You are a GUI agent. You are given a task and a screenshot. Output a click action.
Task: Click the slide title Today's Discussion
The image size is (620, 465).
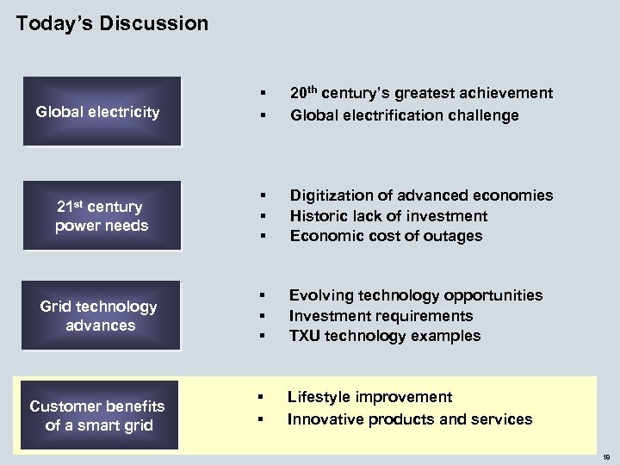pos(112,23)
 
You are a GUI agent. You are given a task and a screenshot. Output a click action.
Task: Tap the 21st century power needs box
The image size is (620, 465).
pos(101,216)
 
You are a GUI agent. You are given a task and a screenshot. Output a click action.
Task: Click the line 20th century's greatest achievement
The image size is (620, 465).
pos(421,93)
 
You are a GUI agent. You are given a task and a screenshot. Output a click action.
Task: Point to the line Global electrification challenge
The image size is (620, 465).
pos(405,115)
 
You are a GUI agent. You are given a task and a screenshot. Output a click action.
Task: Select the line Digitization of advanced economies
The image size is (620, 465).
pos(421,195)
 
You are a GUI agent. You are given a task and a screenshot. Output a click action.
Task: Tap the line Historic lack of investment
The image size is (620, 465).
pos(388,216)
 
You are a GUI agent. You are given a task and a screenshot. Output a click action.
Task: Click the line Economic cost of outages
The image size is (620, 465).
pos(386,236)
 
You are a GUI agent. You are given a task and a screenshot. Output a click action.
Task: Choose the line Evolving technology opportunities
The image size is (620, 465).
pos(416,295)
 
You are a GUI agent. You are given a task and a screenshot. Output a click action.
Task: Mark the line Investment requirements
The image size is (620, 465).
pos(381,316)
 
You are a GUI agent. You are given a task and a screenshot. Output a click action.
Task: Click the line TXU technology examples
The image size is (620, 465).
pos(385,336)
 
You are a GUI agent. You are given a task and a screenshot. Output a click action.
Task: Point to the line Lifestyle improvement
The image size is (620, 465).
pos(369,397)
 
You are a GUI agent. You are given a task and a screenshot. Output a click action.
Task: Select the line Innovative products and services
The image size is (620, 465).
pos(410,419)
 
